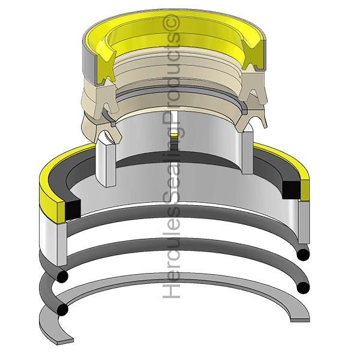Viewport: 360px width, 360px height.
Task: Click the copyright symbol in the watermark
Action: [171, 23]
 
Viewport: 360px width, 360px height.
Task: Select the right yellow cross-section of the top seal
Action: [253, 55]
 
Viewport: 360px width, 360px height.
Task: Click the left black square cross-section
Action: [73, 209]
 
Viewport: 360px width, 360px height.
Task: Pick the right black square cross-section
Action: [291, 190]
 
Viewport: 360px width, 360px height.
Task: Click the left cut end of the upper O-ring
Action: [62, 276]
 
